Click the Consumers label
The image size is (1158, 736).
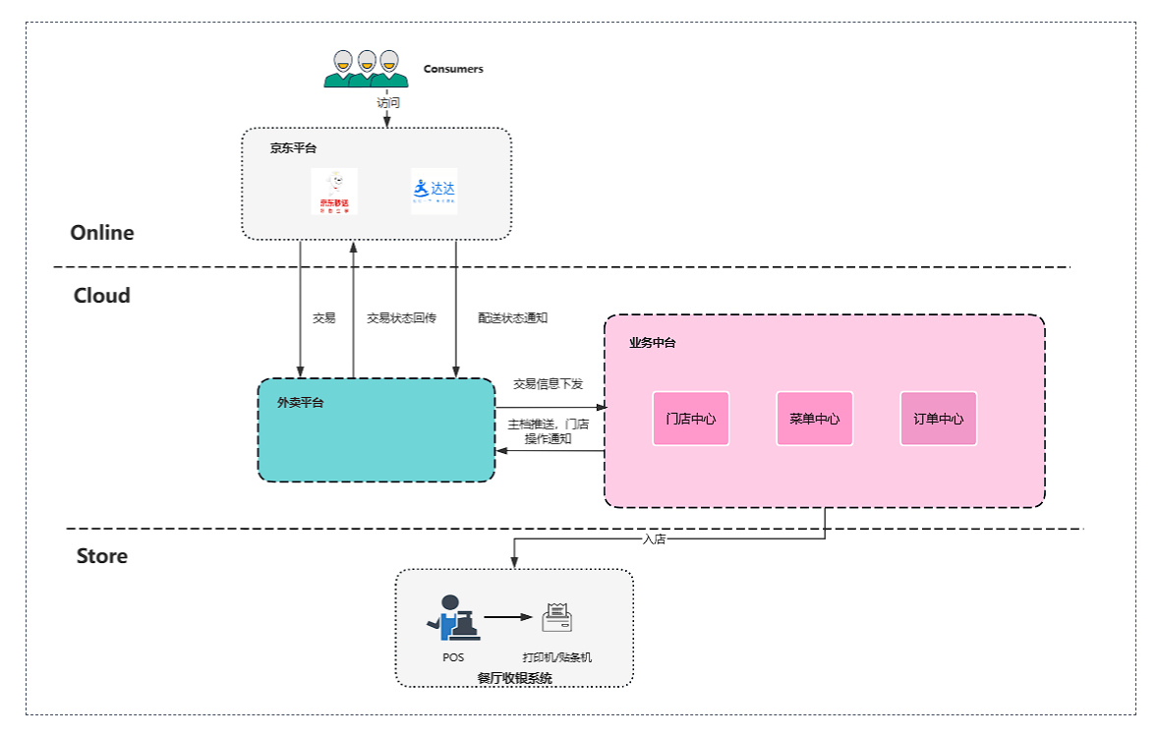click(x=453, y=69)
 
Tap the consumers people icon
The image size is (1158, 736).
click(x=365, y=68)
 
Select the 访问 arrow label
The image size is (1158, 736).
click(x=388, y=101)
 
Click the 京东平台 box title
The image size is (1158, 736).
click(x=294, y=148)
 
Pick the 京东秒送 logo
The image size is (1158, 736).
click(x=334, y=192)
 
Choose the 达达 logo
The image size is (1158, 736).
click(x=434, y=191)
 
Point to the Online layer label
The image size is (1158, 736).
click(x=102, y=233)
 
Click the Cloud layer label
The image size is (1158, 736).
click(x=102, y=296)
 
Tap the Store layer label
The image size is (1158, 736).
click(x=102, y=556)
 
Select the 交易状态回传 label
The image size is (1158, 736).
click(x=401, y=318)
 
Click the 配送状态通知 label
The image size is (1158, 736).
click(x=513, y=318)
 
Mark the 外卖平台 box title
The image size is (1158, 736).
click(x=301, y=403)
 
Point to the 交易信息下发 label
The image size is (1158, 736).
click(x=549, y=384)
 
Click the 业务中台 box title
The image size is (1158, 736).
click(x=653, y=343)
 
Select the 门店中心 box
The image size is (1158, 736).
click(x=691, y=419)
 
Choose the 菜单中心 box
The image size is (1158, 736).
click(x=815, y=419)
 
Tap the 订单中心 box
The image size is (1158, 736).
click(x=939, y=419)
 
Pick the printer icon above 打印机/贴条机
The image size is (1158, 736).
click(x=557, y=618)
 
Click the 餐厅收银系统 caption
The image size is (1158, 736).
click(x=515, y=678)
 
